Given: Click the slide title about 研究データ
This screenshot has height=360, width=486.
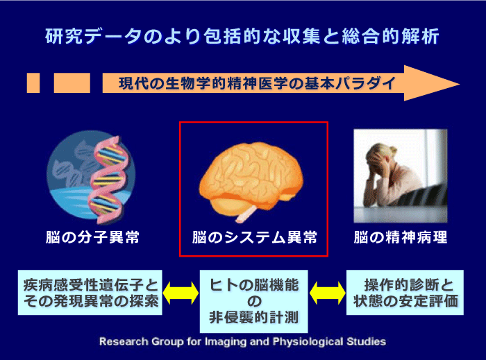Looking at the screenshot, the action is coord(242,36).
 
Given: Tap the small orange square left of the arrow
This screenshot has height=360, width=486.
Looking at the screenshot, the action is coord(33,83).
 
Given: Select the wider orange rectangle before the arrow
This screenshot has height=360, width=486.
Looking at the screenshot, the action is coord(72,83).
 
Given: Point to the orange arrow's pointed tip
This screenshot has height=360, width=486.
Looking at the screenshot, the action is coord(460,83).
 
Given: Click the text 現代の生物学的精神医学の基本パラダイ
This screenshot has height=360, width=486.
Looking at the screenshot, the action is coord(258,83).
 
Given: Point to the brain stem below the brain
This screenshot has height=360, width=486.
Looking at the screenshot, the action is coord(246,214).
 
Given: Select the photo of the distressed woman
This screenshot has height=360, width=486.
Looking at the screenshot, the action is coord(401,175).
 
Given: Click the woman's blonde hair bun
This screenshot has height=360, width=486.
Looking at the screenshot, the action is coord(394,151).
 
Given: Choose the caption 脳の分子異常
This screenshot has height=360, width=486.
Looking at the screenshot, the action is coord(92,237).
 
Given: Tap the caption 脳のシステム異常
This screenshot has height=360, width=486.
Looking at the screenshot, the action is coord(255,237).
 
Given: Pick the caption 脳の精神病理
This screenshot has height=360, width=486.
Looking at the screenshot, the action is coord(401,237).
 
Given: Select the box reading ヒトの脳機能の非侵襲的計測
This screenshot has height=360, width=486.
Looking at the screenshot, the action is coord(254,301).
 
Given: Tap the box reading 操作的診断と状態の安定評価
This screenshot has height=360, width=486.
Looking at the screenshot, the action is coord(405,293).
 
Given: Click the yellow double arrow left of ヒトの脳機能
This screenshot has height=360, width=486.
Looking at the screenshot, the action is coord(181,293).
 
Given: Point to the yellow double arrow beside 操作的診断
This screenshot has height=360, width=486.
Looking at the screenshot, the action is coord(327,293).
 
